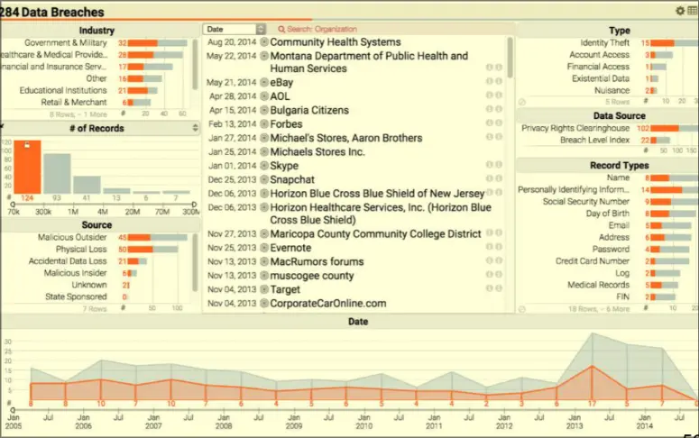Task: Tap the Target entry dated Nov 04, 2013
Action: coord(287,290)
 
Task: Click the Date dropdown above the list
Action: coord(235,30)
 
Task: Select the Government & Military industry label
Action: coord(65,42)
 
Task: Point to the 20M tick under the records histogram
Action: coord(133,211)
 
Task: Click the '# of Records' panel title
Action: coord(97,129)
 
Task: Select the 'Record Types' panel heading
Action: coord(605,166)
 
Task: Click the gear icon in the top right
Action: coord(680,11)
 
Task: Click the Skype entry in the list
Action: coord(285,166)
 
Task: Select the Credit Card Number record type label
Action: coord(592,261)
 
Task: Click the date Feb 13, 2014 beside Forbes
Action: coord(230,123)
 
